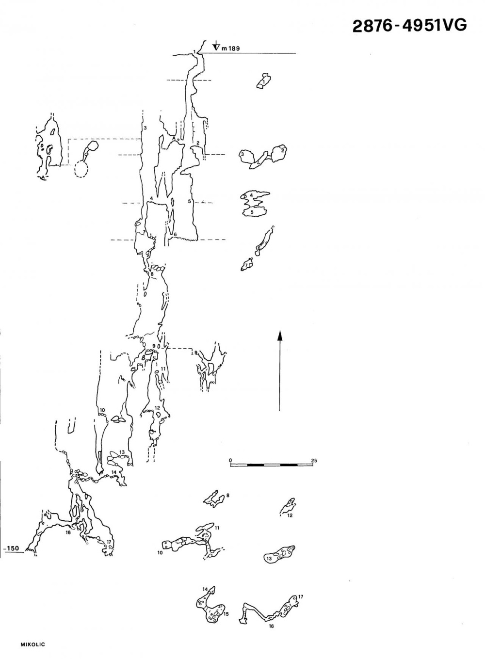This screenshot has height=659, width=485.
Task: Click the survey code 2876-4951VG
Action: [409, 26]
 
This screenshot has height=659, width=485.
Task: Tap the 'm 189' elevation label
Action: [231, 48]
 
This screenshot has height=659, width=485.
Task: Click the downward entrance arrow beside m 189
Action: [217, 45]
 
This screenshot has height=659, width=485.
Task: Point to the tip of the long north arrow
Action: [279, 330]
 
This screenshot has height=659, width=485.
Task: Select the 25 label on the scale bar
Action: [314, 460]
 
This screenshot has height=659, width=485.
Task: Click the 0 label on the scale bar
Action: [230, 460]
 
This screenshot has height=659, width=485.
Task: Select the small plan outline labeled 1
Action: [264, 80]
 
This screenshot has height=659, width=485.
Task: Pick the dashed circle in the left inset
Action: [81, 169]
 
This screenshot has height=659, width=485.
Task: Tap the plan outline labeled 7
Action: [247, 264]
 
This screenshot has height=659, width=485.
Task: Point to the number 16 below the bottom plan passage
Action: [271, 626]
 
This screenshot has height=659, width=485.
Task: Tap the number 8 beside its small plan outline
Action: [228, 495]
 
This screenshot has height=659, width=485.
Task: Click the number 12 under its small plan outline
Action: [290, 515]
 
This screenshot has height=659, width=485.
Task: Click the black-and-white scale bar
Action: [272, 465]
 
